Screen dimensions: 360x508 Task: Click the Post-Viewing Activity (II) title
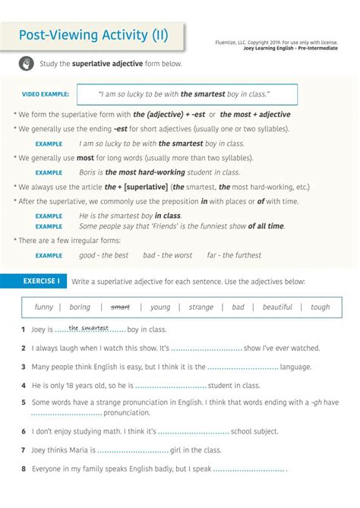pyautogui.click(x=93, y=35)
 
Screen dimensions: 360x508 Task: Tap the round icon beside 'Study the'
pyautogui.click(x=27, y=64)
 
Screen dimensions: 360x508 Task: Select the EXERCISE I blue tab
pyautogui.click(x=41, y=282)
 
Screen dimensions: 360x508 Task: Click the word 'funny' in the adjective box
pyautogui.click(x=44, y=308)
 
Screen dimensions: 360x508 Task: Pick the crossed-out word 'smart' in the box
pyautogui.click(x=121, y=308)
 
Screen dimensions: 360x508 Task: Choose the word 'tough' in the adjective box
pyautogui.click(x=321, y=308)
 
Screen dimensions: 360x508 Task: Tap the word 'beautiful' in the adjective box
pyautogui.click(x=277, y=308)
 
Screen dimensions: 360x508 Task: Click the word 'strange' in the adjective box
pyautogui.click(x=201, y=308)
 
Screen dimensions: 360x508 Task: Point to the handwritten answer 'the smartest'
pyautogui.click(x=90, y=328)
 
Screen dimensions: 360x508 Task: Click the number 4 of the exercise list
pyautogui.click(x=24, y=386)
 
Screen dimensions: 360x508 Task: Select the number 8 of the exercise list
pyautogui.click(x=24, y=469)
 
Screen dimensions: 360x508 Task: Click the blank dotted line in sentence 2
pyautogui.click(x=207, y=349)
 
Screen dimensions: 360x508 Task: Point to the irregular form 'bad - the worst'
pyautogui.click(x=168, y=256)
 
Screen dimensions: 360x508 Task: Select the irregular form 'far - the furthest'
pyautogui.click(x=234, y=256)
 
